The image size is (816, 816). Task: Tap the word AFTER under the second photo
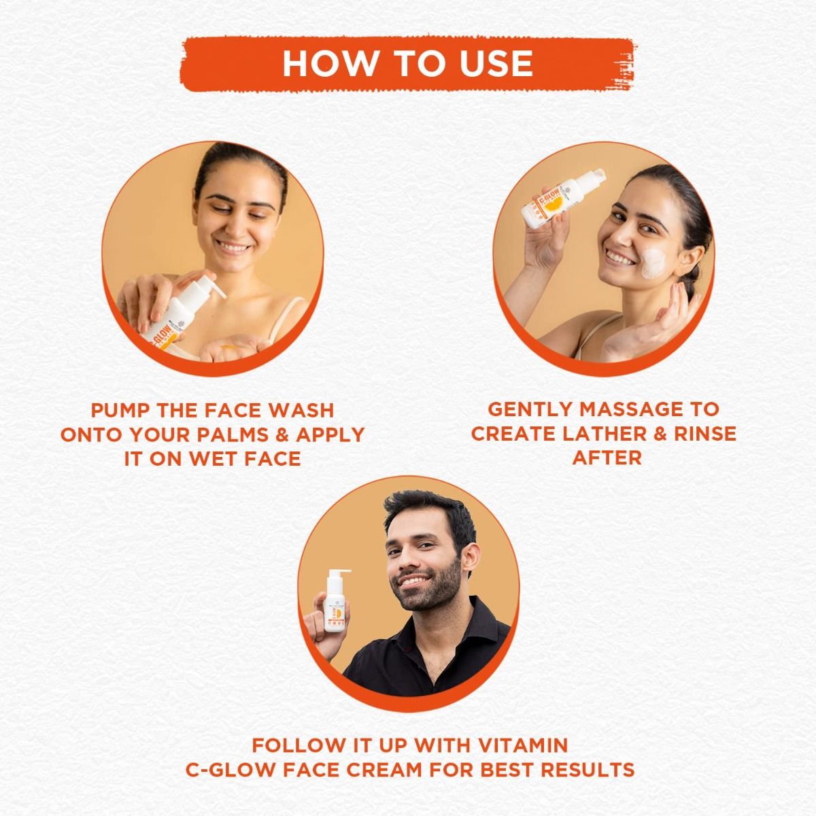pyautogui.click(x=607, y=457)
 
